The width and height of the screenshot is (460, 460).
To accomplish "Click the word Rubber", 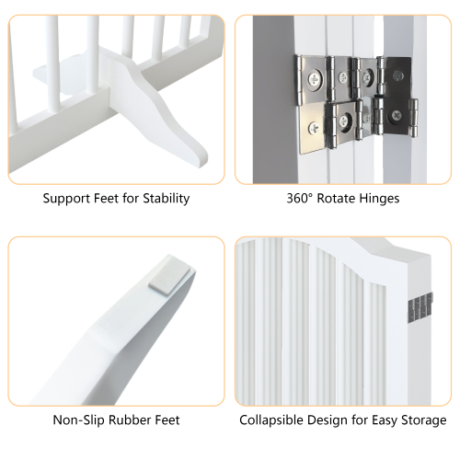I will (x=129, y=420).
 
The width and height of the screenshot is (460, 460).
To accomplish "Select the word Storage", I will (x=422, y=420).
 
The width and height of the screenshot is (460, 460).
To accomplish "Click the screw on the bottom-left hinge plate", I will (x=318, y=128).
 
